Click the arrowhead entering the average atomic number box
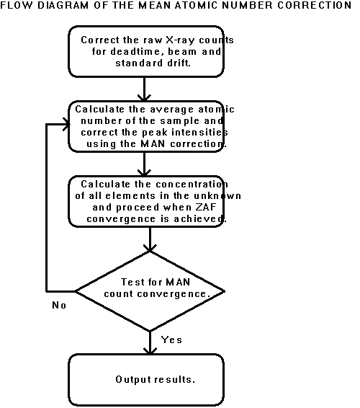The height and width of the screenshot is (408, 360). point(144,98)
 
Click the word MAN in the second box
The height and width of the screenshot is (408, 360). point(153,143)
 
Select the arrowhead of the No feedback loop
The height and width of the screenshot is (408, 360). point(66,125)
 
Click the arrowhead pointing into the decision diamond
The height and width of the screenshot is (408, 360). point(150,248)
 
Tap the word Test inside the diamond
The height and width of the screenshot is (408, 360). point(132,282)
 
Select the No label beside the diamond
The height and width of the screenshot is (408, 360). point(59,305)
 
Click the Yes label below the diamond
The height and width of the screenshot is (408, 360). point(171,340)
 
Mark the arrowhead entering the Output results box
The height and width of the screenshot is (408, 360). point(150,350)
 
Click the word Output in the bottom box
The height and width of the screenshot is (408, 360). point(133,380)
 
